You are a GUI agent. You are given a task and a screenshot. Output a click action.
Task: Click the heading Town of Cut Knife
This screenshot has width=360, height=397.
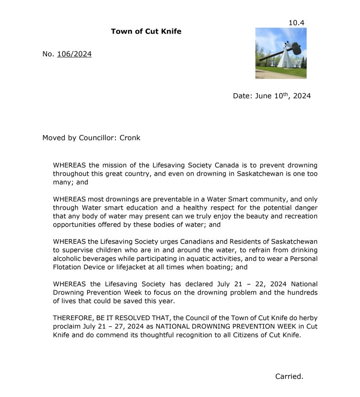[x=146, y=32]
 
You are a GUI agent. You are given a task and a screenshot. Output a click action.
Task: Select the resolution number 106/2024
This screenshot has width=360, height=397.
[x=74, y=54]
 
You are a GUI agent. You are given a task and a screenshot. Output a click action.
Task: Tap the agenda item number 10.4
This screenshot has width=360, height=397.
[x=297, y=23]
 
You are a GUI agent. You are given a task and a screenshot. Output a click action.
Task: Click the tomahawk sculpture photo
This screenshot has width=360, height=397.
[x=281, y=53]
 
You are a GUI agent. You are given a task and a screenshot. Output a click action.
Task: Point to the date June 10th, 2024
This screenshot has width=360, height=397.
[x=272, y=96]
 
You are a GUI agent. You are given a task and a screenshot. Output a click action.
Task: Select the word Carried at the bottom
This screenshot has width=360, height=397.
[x=289, y=376]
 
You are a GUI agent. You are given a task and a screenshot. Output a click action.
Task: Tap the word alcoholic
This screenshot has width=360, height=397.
[x=70, y=258]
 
